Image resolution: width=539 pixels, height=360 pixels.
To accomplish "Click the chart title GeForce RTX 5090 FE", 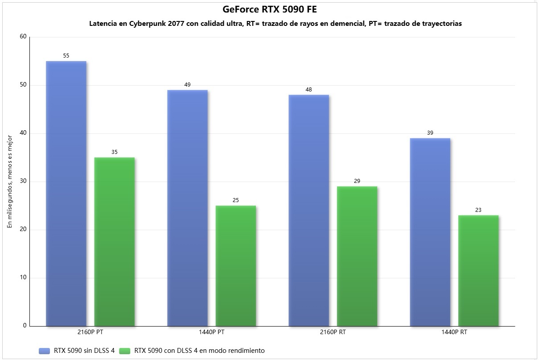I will click(269, 9).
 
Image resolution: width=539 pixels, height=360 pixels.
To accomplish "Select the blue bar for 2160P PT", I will click(66, 194).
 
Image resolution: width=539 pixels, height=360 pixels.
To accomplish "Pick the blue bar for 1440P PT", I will click(187, 208).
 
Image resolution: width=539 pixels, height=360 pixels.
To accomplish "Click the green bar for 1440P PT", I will click(236, 266).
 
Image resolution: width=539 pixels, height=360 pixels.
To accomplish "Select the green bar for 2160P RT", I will click(357, 256).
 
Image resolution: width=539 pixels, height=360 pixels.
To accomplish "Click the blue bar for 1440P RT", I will click(430, 232).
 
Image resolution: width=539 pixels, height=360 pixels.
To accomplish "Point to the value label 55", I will click(66, 56).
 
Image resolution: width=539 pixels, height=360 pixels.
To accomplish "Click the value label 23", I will click(478, 210).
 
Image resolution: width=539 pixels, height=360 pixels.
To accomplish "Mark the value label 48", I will click(309, 89).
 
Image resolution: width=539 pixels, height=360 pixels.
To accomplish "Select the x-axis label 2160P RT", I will click(309, 332).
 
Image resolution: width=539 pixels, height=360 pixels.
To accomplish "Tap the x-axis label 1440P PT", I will click(187, 332).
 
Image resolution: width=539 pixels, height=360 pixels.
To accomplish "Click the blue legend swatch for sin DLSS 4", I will click(45, 351).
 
